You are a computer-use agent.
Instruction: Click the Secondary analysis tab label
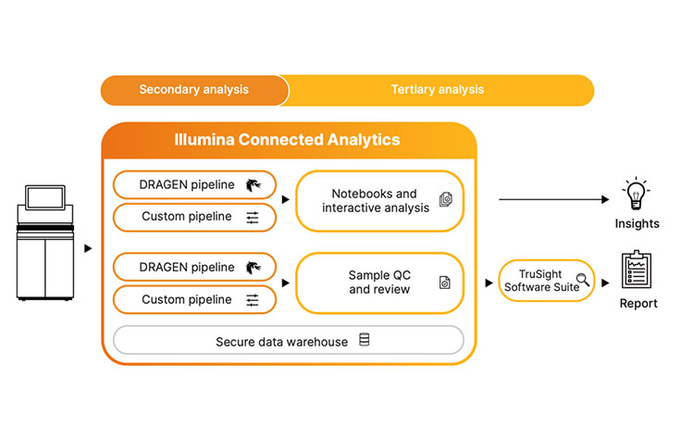[193, 90]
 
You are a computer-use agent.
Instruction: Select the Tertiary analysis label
[437, 90]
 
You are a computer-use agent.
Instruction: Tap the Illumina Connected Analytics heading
[288, 140]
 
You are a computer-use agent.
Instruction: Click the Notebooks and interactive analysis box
[379, 200]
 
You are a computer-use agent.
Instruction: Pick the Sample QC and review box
[379, 283]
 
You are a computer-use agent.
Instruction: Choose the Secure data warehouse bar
[288, 341]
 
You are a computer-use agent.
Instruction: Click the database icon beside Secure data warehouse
[364, 341]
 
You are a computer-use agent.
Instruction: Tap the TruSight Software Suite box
[546, 281]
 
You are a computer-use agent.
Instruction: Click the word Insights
[637, 223]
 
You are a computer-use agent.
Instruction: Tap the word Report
[638, 303]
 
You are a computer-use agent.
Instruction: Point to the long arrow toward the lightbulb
[555, 199]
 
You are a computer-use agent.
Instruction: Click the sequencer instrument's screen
[44, 198]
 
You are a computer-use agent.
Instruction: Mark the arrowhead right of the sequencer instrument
[88, 248]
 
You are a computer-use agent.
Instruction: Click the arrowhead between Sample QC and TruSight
[488, 282]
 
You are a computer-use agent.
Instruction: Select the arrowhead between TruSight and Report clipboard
[606, 282]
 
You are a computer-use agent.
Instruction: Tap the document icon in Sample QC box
[444, 283]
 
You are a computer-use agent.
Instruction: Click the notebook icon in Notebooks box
[445, 199]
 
